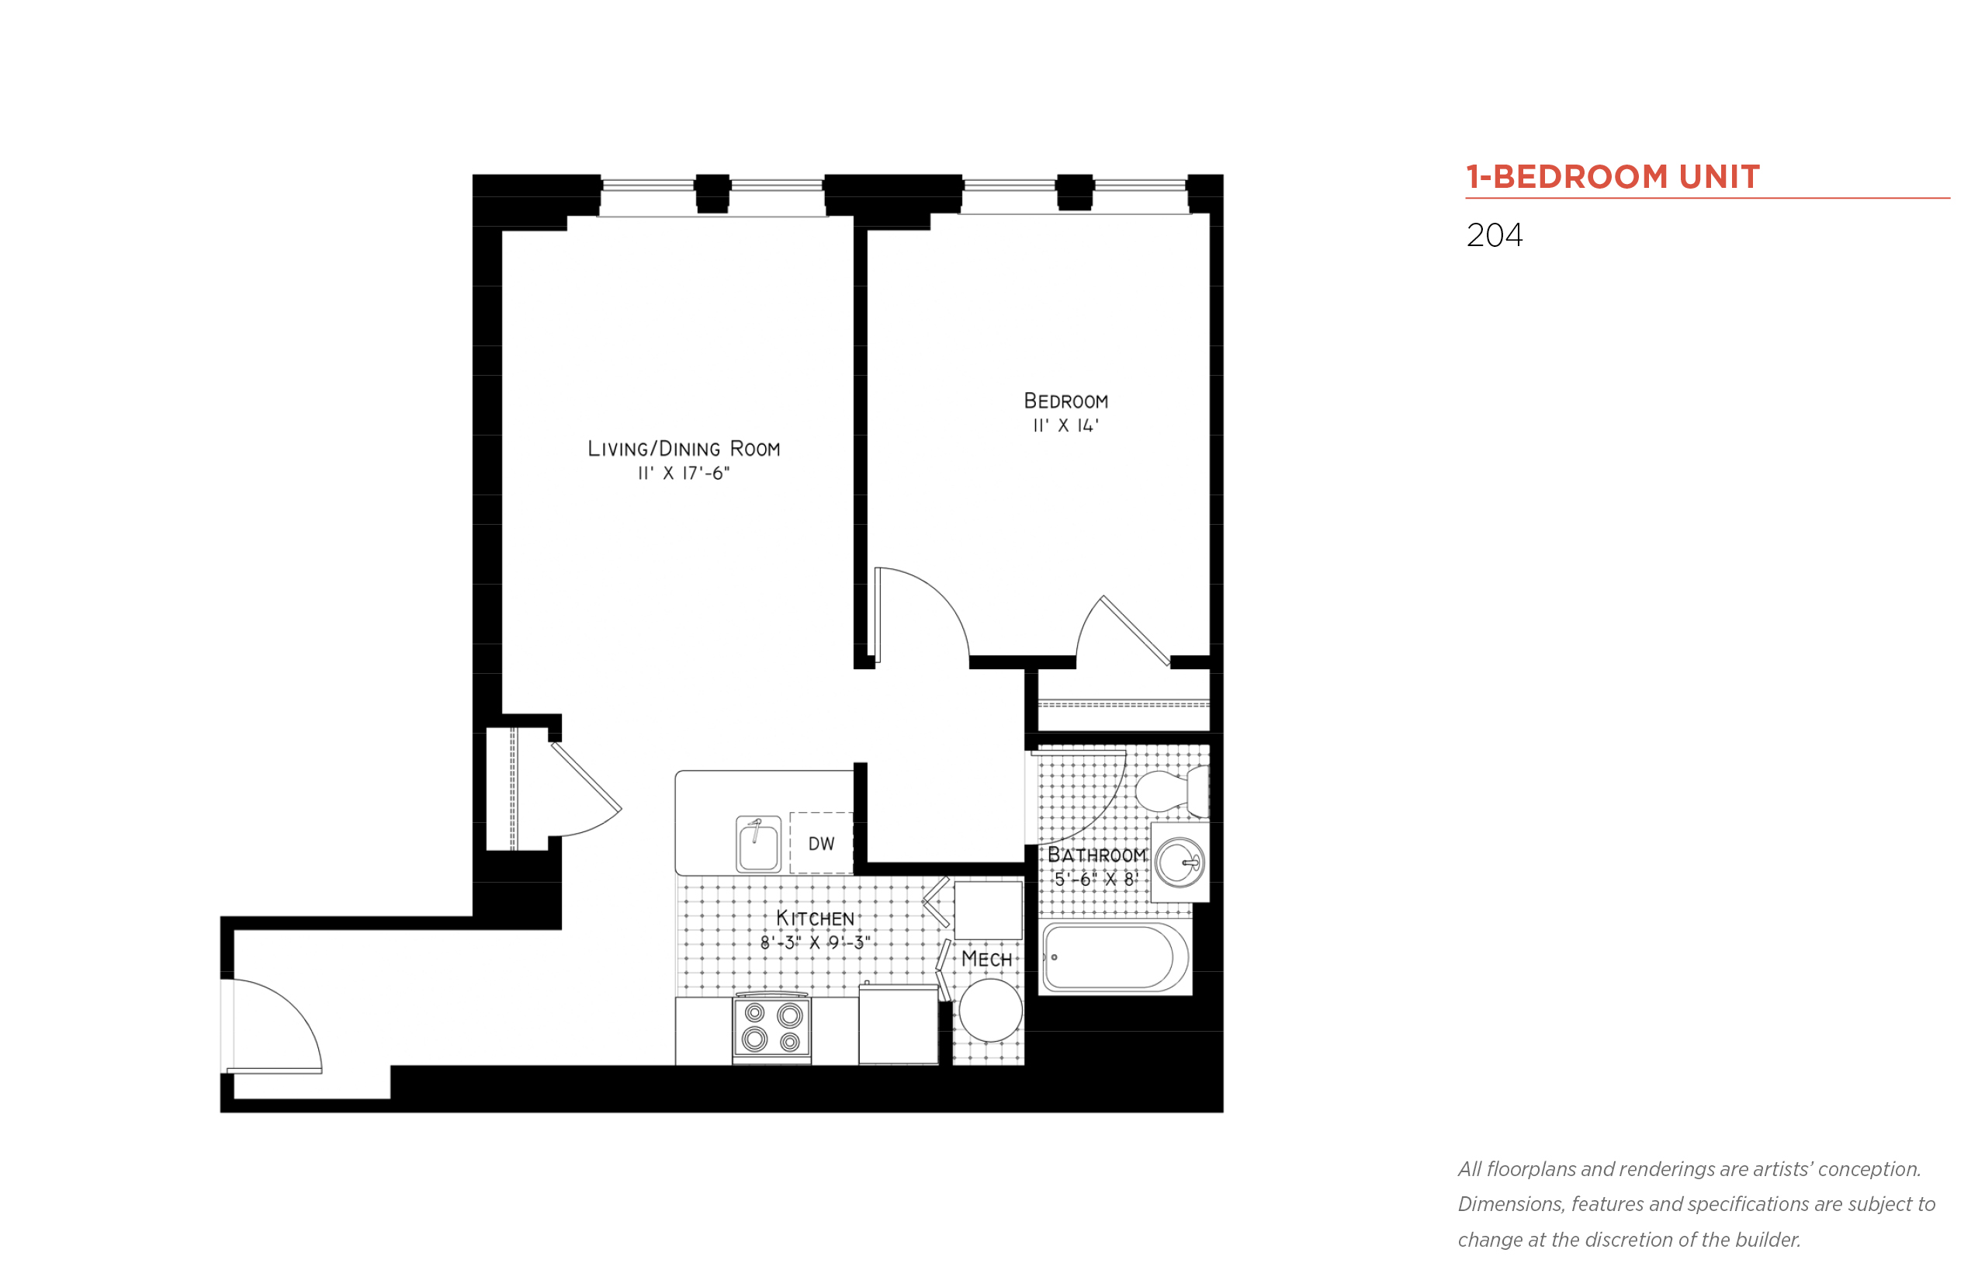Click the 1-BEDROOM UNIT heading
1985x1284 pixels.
coord(1613,177)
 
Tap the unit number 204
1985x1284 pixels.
coord(1494,235)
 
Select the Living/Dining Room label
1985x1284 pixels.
coord(684,449)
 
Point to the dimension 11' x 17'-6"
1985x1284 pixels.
coord(684,474)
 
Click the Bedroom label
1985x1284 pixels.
coord(1066,401)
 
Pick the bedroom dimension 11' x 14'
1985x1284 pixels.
coord(1066,425)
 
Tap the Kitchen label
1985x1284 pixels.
coord(815,918)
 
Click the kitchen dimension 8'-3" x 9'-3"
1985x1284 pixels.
coord(815,942)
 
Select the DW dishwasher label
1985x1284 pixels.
coord(821,844)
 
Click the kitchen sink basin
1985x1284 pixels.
coord(758,845)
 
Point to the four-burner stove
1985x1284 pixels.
coord(771,1027)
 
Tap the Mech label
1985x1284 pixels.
coord(986,959)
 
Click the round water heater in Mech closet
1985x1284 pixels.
coord(990,1011)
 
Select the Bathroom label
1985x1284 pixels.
coord(1096,855)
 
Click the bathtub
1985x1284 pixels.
coord(1115,957)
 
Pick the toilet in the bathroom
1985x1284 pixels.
coord(1171,790)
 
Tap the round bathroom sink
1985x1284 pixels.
coord(1180,863)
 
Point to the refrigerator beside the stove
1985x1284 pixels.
coord(899,1024)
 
